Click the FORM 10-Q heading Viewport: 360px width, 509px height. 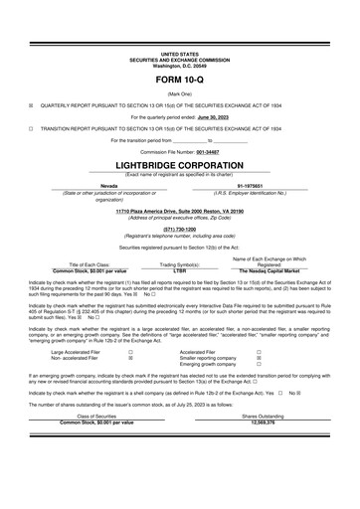pos(179,77)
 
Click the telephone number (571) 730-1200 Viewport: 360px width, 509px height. pos(179,228)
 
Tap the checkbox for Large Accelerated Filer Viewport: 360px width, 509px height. pos(130,351)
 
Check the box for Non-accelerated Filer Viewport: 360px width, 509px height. pos(130,358)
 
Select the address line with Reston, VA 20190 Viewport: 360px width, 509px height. pos(179,212)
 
